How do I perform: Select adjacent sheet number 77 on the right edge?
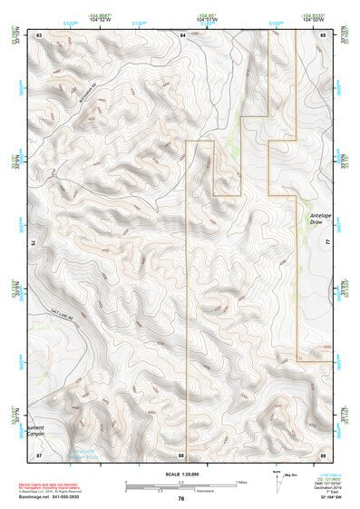click(325, 243)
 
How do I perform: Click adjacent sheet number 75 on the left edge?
click(35, 243)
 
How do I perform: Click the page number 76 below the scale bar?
click(181, 498)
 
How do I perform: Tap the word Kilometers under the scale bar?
click(185, 492)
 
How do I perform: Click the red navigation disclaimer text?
click(50, 485)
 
